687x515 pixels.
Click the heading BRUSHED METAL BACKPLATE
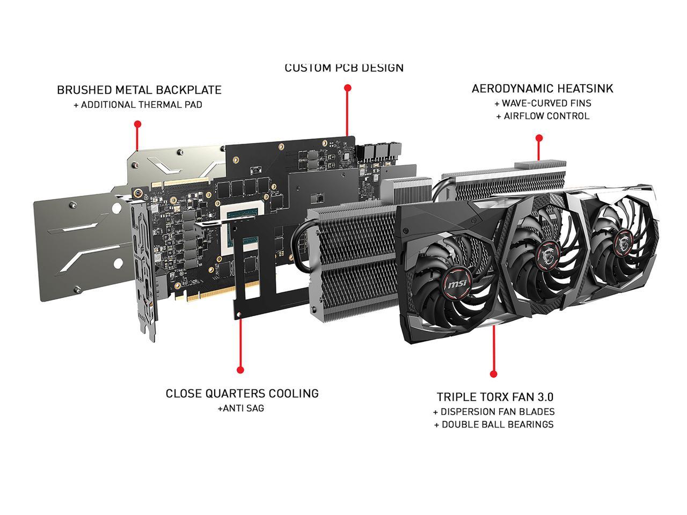(x=139, y=90)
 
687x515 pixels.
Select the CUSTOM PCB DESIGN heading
(x=344, y=68)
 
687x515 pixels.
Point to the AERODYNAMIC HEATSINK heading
(x=542, y=89)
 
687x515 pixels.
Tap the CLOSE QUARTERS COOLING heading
(x=242, y=394)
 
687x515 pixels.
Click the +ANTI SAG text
(x=241, y=408)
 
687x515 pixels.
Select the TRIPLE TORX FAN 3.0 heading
(x=495, y=397)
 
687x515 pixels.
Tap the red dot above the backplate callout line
(x=137, y=124)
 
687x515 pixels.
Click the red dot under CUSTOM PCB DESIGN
(x=347, y=88)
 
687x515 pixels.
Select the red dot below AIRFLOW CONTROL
(x=539, y=138)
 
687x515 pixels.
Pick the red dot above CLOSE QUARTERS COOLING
(x=240, y=370)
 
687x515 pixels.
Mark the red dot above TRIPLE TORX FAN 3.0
(x=494, y=374)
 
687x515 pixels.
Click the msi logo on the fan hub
(x=457, y=284)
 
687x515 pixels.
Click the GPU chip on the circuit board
(x=243, y=231)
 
